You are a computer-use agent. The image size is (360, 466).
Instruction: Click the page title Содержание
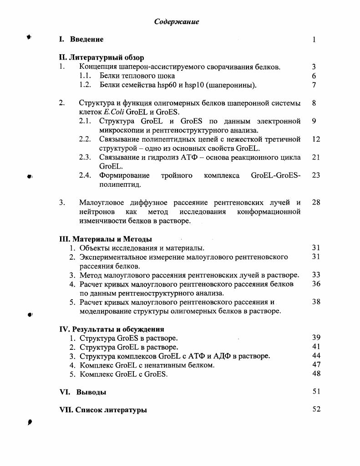[177, 22]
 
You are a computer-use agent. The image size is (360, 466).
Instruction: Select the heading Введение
[86, 40]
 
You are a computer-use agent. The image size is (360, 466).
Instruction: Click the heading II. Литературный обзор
[101, 58]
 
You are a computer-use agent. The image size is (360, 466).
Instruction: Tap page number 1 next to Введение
[314, 40]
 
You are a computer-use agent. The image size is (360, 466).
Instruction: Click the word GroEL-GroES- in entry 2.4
[276, 175]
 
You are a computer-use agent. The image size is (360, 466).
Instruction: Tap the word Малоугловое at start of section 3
[101, 203]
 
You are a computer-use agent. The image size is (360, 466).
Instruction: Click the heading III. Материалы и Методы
[106, 239]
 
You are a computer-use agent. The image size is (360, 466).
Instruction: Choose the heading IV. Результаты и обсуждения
[112, 329]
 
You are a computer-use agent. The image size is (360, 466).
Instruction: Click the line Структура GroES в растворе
[129, 338]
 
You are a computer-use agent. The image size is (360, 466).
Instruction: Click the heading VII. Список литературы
[103, 410]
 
